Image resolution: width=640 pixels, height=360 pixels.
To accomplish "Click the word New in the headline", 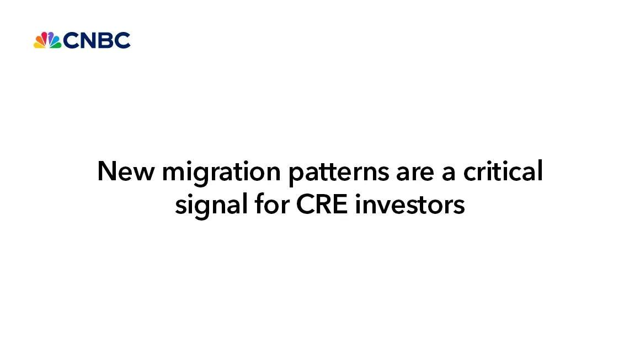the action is click(126, 171).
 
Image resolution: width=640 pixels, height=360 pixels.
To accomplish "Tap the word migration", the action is click(221, 173).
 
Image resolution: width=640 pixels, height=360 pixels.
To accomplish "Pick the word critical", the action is click(503, 171).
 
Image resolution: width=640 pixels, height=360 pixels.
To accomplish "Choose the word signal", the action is click(211, 206).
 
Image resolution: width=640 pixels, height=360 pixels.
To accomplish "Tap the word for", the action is click(272, 203).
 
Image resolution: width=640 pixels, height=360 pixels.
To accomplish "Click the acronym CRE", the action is click(322, 205).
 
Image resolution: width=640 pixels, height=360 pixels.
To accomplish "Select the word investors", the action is click(410, 205).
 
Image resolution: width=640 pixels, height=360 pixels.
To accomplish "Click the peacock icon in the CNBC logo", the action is click(47, 40).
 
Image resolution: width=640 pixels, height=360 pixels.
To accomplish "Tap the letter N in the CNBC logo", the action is click(81, 40).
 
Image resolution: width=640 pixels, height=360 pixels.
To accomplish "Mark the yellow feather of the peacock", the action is click(39, 45).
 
